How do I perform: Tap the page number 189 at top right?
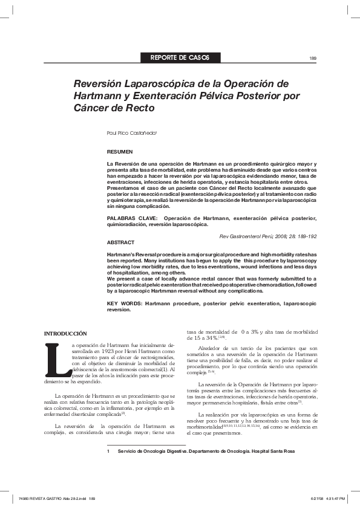313,58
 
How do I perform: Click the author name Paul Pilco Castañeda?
131,132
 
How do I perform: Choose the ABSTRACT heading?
120,242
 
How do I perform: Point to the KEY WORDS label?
124,302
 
